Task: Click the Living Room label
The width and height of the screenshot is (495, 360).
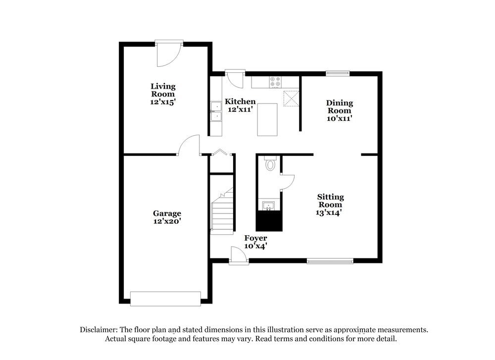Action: [x=163, y=90]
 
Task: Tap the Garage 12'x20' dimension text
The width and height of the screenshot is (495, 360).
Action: [x=167, y=221]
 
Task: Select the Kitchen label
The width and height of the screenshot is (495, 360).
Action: [x=240, y=102]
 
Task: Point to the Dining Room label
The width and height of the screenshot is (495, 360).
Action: [x=340, y=106]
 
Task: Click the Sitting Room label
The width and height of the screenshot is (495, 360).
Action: [x=330, y=201]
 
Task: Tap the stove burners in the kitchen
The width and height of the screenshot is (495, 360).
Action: [x=275, y=82]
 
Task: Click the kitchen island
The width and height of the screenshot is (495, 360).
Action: [x=267, y=119]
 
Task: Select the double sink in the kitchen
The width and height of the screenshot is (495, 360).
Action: [x=216, y=111]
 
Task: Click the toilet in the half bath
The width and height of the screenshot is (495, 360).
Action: [x=270, y=163]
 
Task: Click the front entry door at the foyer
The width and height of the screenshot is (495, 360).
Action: [x=239, y=256]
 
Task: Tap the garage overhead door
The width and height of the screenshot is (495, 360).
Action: [x=165, y=299]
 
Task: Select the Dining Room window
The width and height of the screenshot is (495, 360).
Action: [x=338, y=74]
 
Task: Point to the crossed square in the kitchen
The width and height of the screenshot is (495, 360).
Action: [x=291, y=98]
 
